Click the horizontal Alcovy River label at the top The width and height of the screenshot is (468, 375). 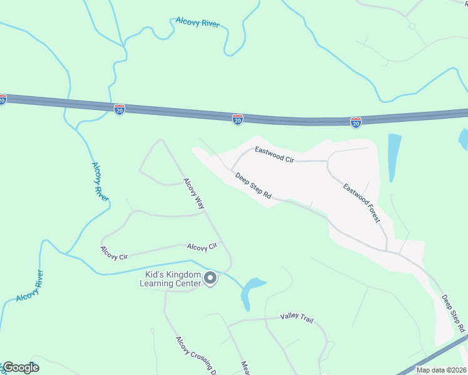(x=197, y=22)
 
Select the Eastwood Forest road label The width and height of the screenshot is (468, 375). (x=361, y=201)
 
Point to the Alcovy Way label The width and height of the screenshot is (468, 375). (x=194, y=193)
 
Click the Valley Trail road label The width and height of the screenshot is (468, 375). (x=297, y=318)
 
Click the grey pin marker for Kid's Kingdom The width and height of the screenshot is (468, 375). (x=211, y=278)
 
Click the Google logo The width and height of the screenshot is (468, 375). (x=21, y=367)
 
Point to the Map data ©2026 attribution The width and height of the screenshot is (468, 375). (x=441, y=370)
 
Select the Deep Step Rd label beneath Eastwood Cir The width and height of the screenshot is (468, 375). (x=253, y=186)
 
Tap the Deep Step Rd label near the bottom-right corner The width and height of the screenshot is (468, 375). (x=454, y=313)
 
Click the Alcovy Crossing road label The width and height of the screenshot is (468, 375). (x=196, y=354)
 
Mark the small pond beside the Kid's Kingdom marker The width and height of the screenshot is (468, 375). (x=252, y=289)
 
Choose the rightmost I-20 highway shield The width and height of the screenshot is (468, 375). (x=355, y=122)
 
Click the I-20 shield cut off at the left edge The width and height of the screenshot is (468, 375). (x=3, y=99)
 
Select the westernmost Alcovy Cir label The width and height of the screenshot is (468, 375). (x=114, y=253)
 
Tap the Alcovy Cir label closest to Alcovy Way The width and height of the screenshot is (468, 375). (x=201, y=247)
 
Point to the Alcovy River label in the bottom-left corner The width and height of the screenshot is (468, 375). (x=30, y=287)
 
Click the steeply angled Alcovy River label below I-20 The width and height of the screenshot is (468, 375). (x=100, y=181)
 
